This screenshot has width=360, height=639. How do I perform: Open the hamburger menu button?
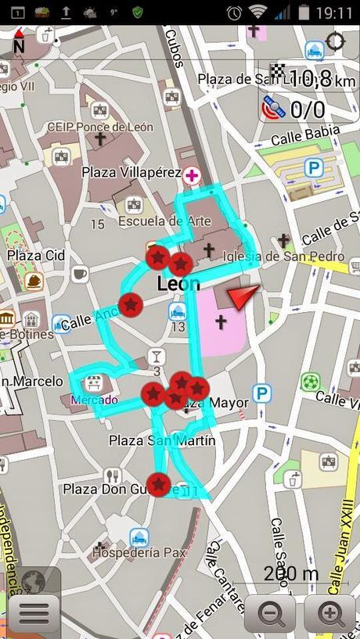click(x=34, y=612)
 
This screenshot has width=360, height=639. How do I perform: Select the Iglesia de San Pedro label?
click(x=283, y=256)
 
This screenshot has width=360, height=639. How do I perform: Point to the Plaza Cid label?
click(x=36, y=255)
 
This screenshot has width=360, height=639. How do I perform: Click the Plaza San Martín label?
click(x=161, y=440)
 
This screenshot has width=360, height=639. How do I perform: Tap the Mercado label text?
click(x=94, y=400)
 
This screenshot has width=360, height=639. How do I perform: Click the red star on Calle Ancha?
click(x=131, y=303)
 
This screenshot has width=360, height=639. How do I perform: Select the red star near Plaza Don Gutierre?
click(x=159, y=485)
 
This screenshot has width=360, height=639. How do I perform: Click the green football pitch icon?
click(x=311, y=382)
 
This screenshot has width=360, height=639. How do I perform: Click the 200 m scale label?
click(x=290, y=573)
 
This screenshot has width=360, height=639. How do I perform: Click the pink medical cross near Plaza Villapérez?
click(x=190, y=174)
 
